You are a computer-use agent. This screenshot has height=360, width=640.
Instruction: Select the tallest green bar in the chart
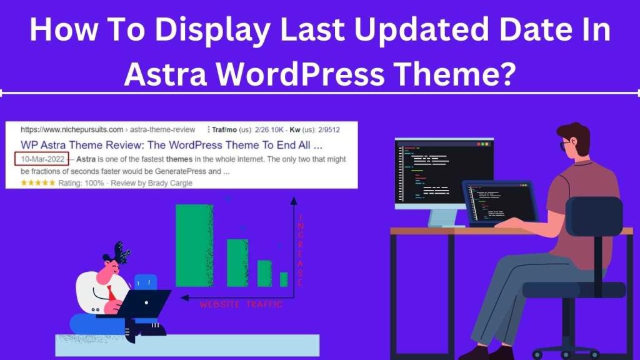pyautogui.click(x=194, y=245)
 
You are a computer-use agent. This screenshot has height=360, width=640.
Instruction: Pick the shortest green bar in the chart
pyautogui.click(x=284, y=279)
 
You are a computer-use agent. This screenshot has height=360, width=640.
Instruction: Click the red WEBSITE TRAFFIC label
pyautogui.click(x=241, y=304)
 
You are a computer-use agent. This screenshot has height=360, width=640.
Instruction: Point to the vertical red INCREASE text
pyautogui.click(x=300, y=250)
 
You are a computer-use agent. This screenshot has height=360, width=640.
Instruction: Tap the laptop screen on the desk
pyautogui.click(x=500, y=201)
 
